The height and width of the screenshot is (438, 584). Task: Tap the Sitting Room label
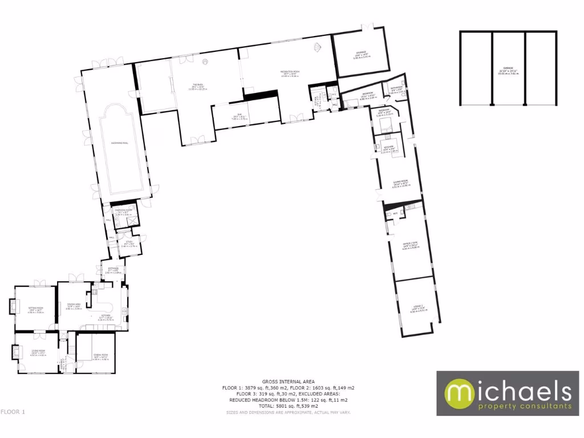click(x=36, y=308)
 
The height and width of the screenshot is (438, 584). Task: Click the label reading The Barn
click(x=197, y=86)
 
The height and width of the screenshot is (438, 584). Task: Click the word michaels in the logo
click(x=508, y=392)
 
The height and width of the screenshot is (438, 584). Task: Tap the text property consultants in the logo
click(x=508, y=407)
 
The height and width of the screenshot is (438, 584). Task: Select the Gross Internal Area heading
click(x=288, y=382)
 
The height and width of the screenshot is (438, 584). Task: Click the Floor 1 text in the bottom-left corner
click(x=13, y=411)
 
